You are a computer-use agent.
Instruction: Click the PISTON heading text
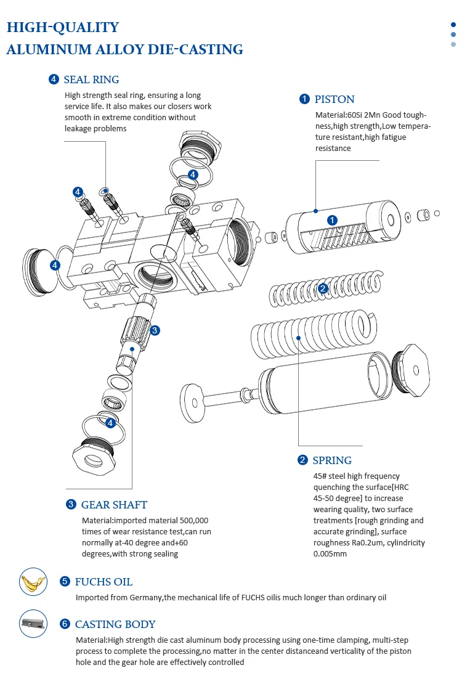point(334,99)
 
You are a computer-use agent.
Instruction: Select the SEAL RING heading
point(91,79)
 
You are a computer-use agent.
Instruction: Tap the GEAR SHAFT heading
point(114,505)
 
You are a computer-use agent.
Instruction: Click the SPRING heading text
point(332,460)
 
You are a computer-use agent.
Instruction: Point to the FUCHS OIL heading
point(103,582)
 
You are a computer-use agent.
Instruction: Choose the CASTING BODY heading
point(115,624)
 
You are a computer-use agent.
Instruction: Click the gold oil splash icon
point(33,582)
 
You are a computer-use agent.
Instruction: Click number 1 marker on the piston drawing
point(332,220)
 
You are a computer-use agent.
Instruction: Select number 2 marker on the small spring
point(322,288)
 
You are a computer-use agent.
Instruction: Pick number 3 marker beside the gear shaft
point(155,330)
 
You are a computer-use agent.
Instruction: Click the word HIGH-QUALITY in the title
point(62,27)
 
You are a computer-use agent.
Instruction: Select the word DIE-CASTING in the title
point(195,50)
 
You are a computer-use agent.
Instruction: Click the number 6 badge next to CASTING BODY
point(65,624)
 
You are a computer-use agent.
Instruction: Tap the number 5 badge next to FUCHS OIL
point(65,582)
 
